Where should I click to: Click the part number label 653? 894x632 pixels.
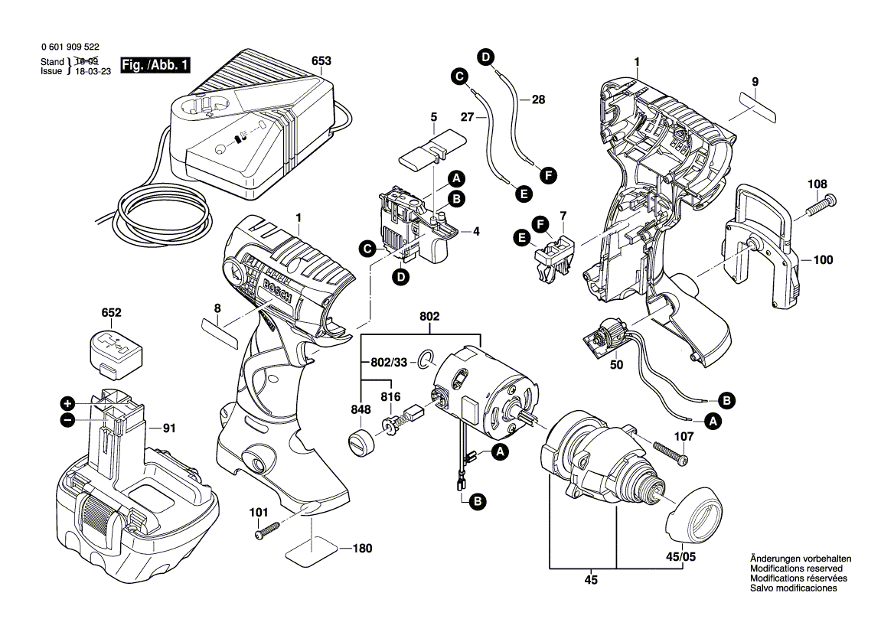322,61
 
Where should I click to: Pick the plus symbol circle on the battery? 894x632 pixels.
67,402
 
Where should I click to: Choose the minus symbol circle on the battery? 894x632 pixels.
67,419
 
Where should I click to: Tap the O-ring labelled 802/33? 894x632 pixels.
426,358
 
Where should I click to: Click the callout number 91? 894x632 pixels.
169,428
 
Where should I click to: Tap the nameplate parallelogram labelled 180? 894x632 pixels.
312,548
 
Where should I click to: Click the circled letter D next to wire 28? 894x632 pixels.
485,55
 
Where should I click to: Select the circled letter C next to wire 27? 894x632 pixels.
458,76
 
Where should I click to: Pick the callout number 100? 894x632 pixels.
822,260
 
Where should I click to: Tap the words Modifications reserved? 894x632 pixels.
796,569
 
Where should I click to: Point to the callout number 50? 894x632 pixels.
616,365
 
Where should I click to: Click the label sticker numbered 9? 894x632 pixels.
751,106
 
